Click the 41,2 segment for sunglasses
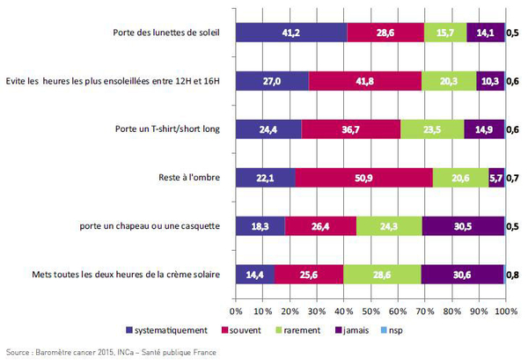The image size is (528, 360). point(291,33)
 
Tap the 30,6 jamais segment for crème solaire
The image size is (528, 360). point(462,274)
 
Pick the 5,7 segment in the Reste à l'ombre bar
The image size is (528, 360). point(495,177)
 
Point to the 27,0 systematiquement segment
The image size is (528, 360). point(273,81)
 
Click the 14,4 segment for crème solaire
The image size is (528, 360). point(255,274)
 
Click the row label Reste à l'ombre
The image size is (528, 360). point(187,177)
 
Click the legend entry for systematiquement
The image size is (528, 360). point(168,330)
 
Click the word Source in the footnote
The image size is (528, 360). point(17,350)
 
